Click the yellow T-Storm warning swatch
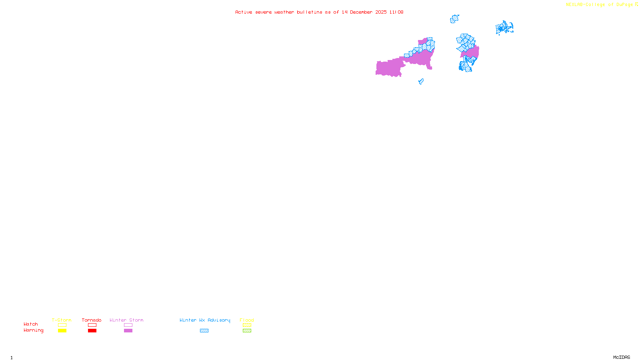(x=62, y=331)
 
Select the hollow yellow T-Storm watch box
(x=62, y=325)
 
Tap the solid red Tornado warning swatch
(x=92, y=331)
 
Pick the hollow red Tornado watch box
(x=92, y=325)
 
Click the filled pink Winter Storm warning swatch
(x=128, y=331)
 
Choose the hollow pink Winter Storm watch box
(x=128, y=325)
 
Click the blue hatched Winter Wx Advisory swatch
(x=204, y=331)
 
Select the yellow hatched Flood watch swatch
(x=247, y=325)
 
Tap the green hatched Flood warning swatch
(x=247, y=331)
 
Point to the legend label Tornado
(x=92, y=320)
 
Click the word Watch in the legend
(x=31, y=324)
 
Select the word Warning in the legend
(x=33, y=330)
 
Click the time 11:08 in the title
(x=396, y=12)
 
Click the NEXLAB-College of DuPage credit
(x=600, y=5)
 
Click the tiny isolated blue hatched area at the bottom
(x=421, y=82)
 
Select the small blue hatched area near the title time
(x=454, y=19)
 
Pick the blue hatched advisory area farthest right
(x=504, y=28)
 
